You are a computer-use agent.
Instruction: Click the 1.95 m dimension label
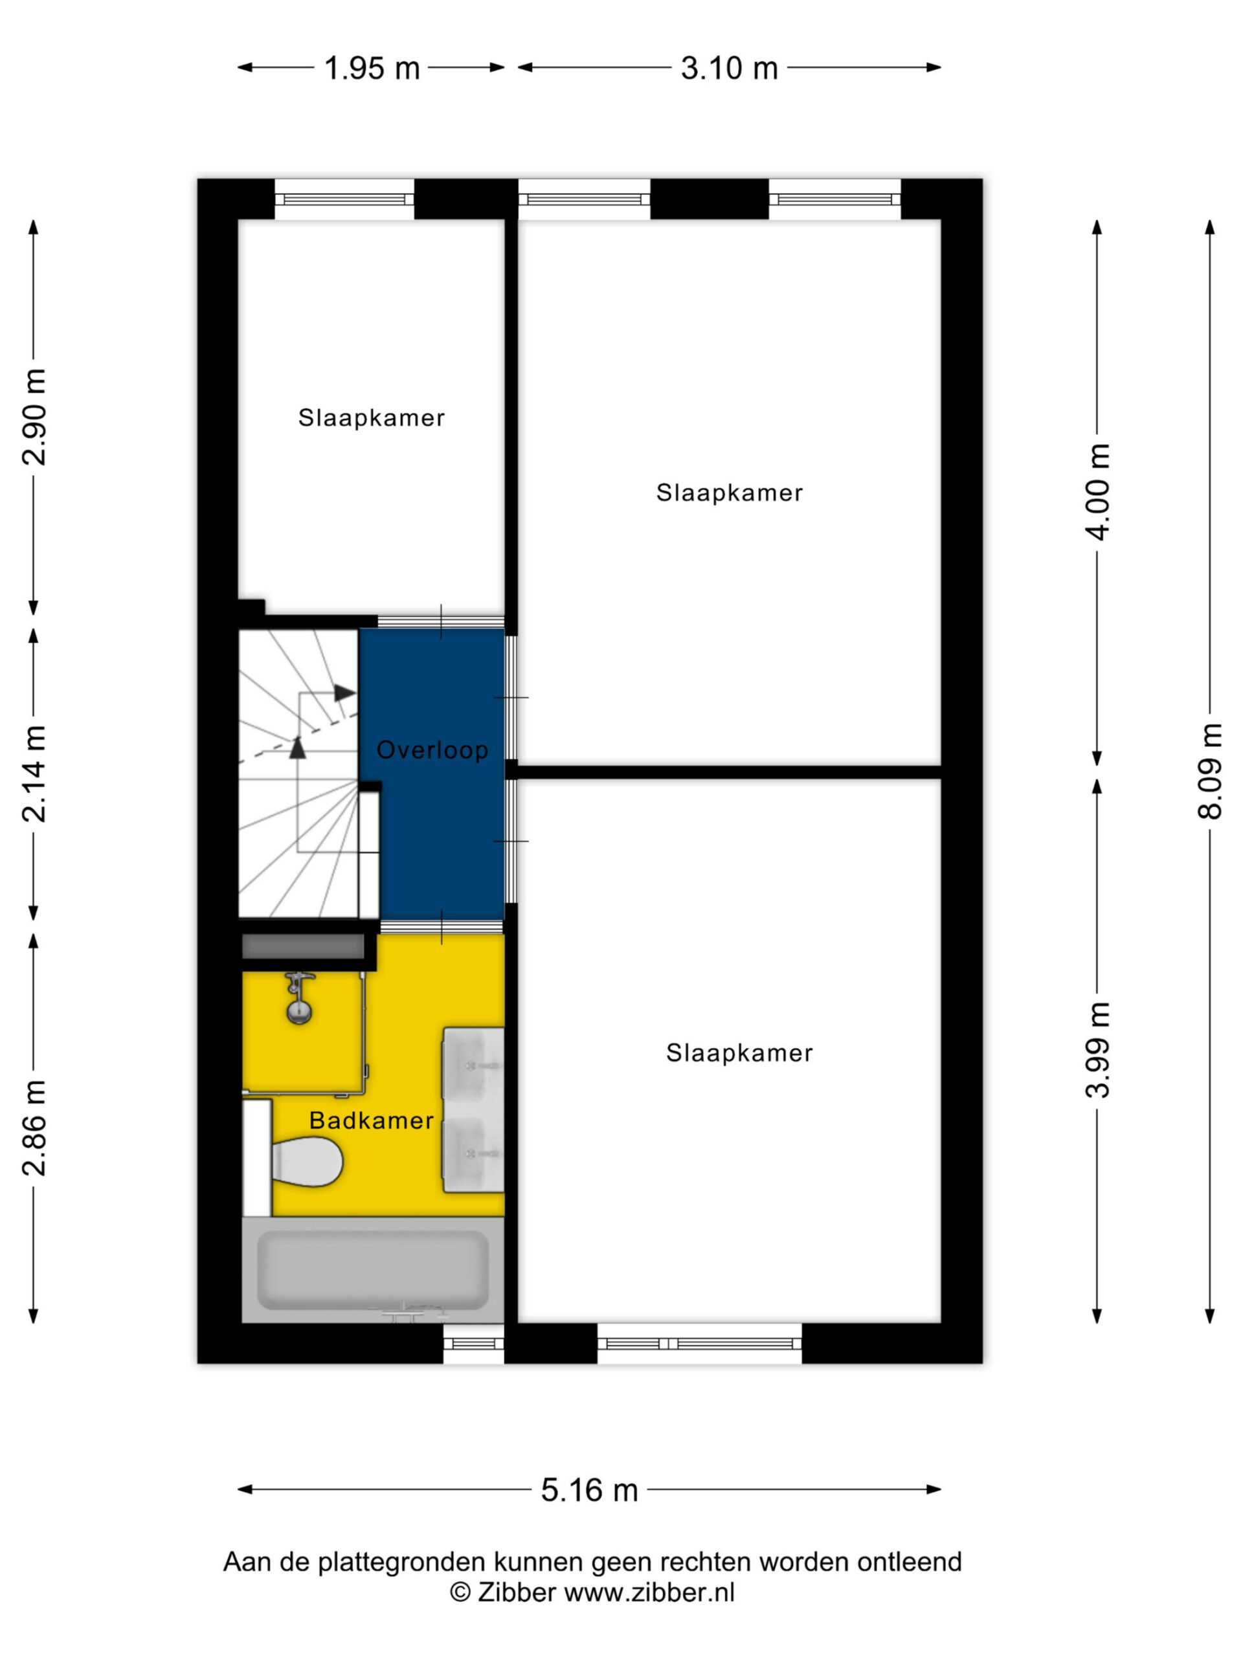coord(371,68)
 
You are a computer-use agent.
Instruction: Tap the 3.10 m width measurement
coord(729,68)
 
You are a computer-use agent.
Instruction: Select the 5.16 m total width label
coord(589,1490)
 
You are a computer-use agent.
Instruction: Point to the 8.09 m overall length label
coord(1210,772)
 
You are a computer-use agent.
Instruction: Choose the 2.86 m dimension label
coord(34,1128)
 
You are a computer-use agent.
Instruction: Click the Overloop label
coord(432,750)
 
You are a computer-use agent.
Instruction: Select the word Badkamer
coord(372,1120)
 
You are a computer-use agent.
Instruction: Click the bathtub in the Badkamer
coord(372,1271)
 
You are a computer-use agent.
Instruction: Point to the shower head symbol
coord(300,998)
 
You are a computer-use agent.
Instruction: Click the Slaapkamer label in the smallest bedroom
coord(372,417)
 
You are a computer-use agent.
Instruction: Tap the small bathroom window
coord(473,1343)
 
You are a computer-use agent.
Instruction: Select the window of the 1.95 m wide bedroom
coord(344,199)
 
